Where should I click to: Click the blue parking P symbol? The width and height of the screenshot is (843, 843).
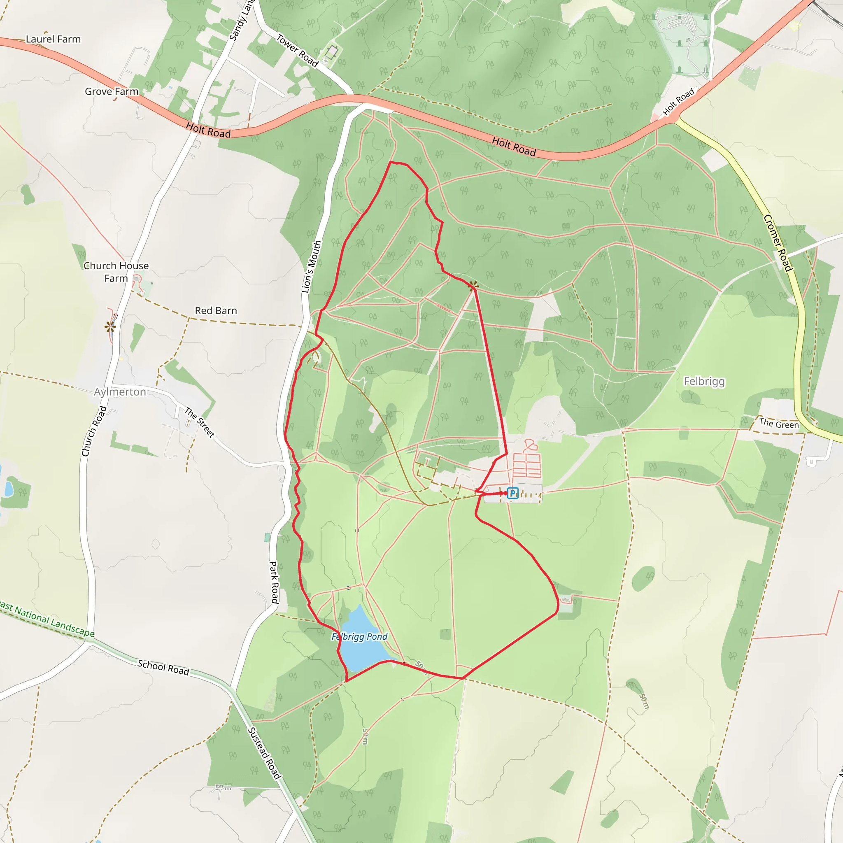click(513, 493)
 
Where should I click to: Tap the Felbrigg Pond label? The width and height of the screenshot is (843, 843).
click(359, 637)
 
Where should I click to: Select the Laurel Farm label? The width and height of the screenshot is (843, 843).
click(53, 39)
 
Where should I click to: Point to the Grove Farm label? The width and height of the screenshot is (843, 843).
click(111, 92)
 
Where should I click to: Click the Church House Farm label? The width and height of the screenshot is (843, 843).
click(116, 272)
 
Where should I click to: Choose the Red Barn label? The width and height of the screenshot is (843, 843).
click(216, 311)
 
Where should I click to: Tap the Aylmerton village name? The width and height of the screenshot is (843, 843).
click(120, 392)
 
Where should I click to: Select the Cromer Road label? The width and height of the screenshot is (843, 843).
click(778, 243)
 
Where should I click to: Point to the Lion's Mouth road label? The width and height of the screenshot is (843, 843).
click(312, 267)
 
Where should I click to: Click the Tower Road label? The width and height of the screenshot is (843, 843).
click(297, 51)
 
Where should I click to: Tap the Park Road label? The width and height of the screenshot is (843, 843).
click(274, 582)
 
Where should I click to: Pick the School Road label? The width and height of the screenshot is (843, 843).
click(163, 667)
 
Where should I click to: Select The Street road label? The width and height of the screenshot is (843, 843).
click(199, 422)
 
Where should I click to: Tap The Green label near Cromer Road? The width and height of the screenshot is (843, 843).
click(779, 423)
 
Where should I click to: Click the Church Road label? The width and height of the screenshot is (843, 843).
click(94, 431)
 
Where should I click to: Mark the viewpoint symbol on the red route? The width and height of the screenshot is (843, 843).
click(473, 286)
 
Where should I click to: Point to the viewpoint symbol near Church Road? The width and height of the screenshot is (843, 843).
click(110, 326)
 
